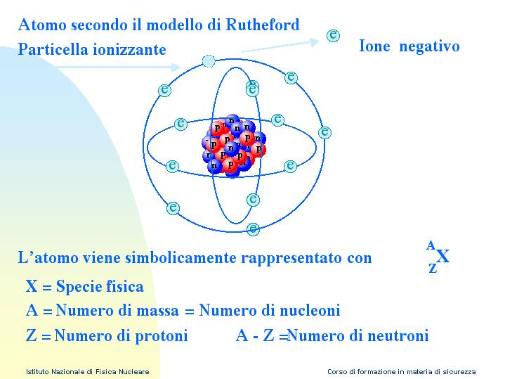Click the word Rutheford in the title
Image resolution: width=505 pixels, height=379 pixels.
tap(263, 25)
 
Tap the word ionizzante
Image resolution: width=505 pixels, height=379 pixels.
tap(129, 49)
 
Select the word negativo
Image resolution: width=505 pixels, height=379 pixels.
tap(429, 46)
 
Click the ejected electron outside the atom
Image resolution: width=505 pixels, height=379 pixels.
tap(333, 35)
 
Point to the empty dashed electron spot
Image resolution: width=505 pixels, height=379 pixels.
tap(209, 61)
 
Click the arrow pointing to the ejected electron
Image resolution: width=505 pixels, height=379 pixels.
tap(280, 46)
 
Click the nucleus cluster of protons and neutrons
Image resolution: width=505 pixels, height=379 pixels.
tap(234, 145)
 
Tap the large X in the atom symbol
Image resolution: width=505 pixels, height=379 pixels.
tap(443, 257)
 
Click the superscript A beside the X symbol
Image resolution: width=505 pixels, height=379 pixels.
tap(431, 245)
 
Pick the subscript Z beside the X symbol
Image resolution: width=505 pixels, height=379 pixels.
tap(433, 268)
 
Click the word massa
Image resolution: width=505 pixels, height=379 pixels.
tap(157, 311)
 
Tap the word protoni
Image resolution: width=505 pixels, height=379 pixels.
tap(162, 335)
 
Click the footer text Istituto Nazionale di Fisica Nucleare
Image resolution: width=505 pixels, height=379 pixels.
tap(88, 371)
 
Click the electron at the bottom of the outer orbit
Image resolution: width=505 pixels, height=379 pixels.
tap(253, 229)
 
